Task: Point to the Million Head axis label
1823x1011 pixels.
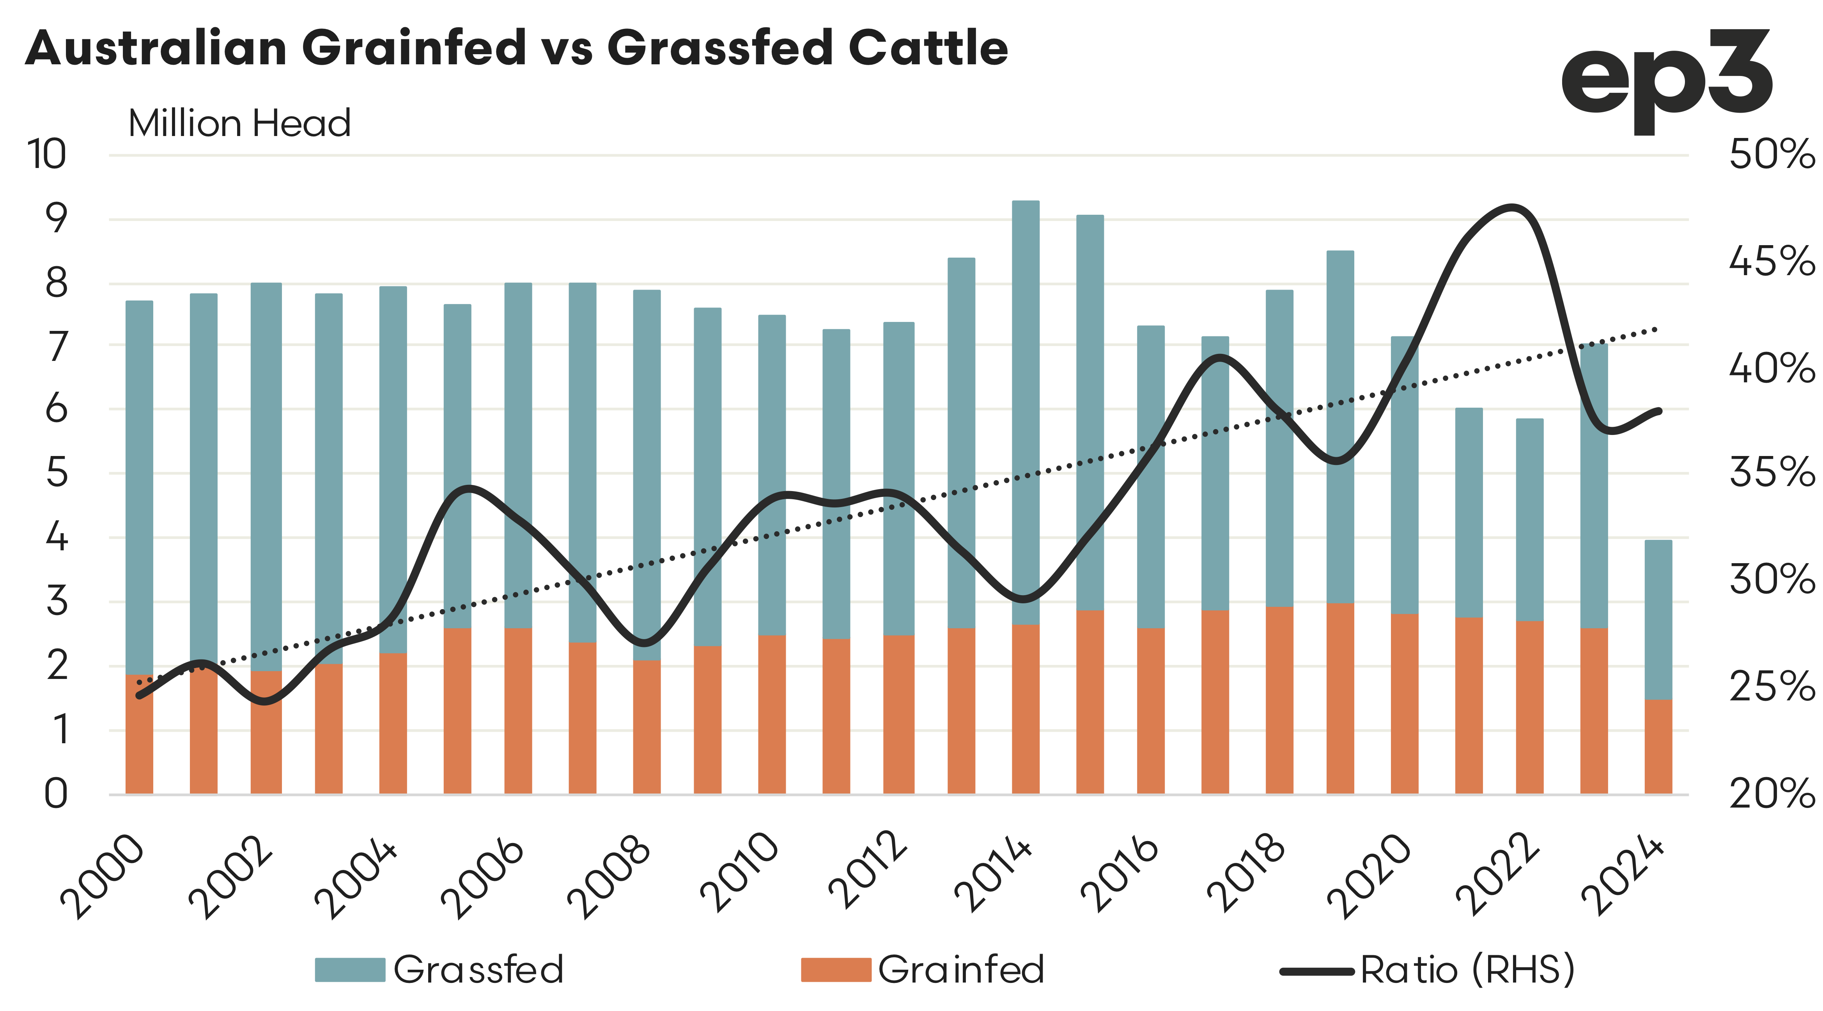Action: (239, 124)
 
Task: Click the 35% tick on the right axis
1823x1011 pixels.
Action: (1772, 473)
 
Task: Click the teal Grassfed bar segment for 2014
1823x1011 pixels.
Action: (1026, 410)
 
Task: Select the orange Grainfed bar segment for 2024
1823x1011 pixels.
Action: (1657, 746)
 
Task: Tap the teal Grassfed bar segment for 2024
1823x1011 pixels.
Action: (1657, 619)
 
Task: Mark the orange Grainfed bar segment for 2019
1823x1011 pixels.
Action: (1339, 697)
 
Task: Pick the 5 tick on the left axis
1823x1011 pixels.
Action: (57, 473)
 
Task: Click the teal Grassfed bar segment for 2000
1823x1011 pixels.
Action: (140, 488)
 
